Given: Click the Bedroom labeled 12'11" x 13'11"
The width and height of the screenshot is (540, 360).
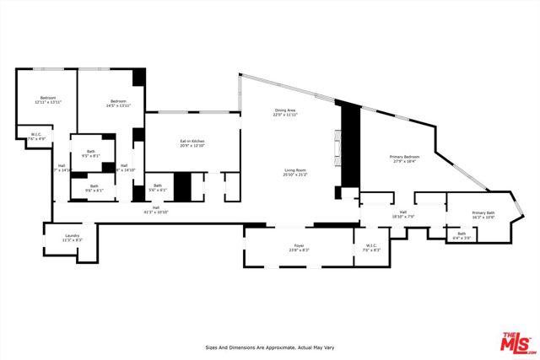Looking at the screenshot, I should coord(47,99).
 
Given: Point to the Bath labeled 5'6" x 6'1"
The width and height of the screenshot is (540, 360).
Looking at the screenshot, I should coord(158,188).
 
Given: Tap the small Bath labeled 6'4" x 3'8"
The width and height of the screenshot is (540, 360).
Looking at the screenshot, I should coord(461,235).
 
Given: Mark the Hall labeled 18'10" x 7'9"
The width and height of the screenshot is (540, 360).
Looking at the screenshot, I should coord(402,214).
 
